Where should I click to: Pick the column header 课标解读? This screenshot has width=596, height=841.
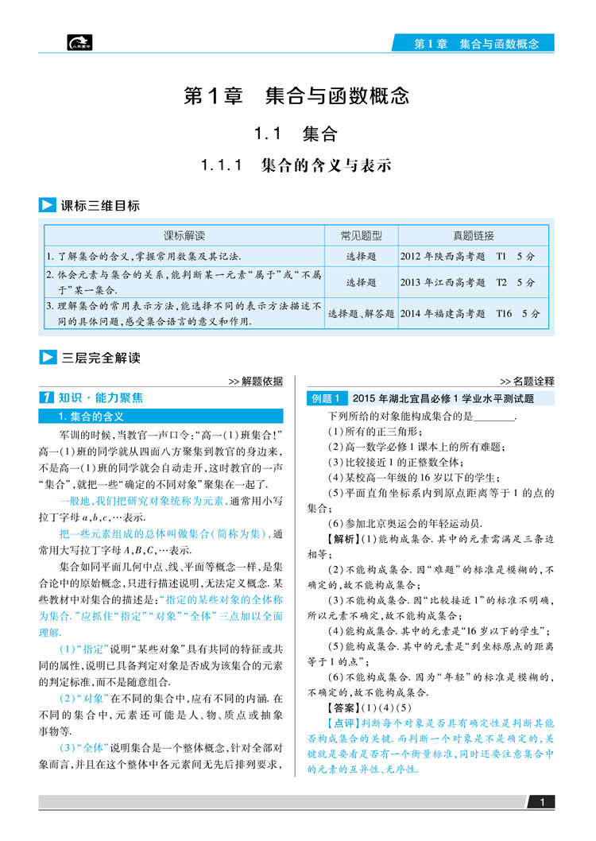point(184,235)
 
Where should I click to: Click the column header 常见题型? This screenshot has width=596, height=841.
point(361,235)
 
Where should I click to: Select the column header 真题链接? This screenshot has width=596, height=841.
point(473,235)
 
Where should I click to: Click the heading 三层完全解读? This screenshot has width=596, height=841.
point(100,358)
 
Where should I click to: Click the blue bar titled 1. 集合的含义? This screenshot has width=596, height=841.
point(163,416)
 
